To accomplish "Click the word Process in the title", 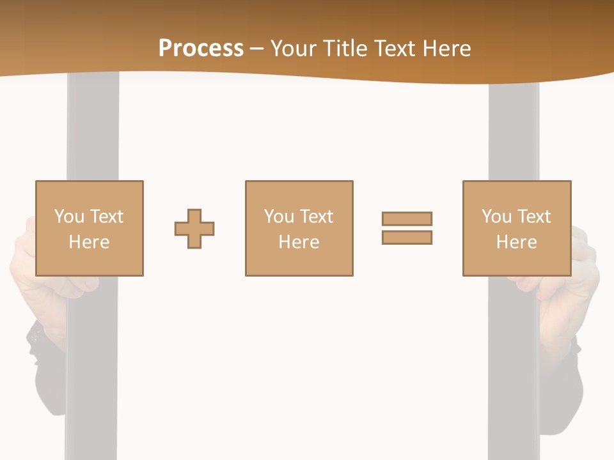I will pyautogui.click(x=201, y=48).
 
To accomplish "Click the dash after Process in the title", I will pyautogui.click(x=257, y=49).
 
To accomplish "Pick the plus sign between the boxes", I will pyautogui.click(x=194, y=229).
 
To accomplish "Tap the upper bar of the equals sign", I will pyautogui.click(x=407, y=218).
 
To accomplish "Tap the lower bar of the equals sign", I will pyautogui.click(x=407, y=237).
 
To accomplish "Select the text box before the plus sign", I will pyautogui.click(x=90, y=229).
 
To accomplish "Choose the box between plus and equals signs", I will pyautogui.click(x=299, y=229).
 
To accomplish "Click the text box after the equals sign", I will pyautogui.click(x=517, y=229).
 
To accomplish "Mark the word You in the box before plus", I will pyautogui.click(x=69, y=217).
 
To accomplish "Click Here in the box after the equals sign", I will pyautogui.click(x=517, y=242).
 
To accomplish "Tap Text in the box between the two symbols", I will pyautogui.click(x=317, y=217).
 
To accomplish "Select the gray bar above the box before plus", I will pyautogui.click(x=93, y=128).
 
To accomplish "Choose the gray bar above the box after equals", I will pyautogui.click(x=514, y=128).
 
